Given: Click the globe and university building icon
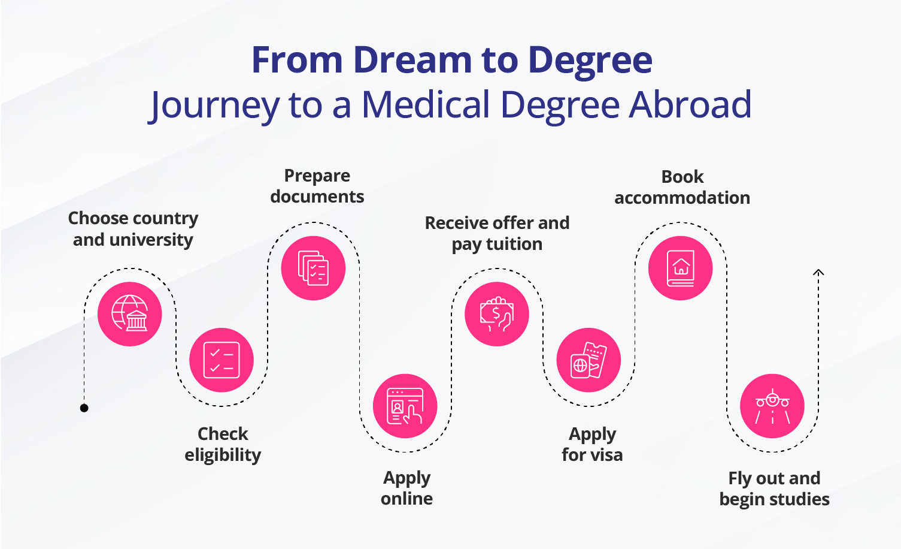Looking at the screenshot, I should pyautogui.click(x=130, y=313).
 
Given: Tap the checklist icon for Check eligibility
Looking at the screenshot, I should pyautogui.click(x=222, y=360).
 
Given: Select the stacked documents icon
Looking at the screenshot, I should pyautogui.click(x=313, y=268).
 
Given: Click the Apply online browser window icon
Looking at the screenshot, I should pyautogui.click(x=405, y=406).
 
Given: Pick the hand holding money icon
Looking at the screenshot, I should pyautogui.click(x=497, y=313).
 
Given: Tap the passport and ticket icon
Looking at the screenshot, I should pyautogui.click(x=588, y=360).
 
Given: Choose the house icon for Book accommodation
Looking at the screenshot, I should pyautogui.click(x=681, y=268).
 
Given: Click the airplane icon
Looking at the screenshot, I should pyautogui.click(x=772, y=406).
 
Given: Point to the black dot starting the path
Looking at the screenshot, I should pyautogui.click(x=84, y=408).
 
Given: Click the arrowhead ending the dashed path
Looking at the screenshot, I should pyautogui.click(x=818, y=273).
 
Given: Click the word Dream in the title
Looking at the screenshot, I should pyautogui.click(x=412, y=60).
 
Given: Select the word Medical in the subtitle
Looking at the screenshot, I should pyautogui.click(x=426, y=104).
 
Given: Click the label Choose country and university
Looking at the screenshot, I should pyautogui.click(x=133, y=229).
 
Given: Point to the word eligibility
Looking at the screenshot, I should pyautogui.click(x=223, y=455).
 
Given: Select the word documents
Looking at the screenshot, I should pyautogui.click(x=317, y=197).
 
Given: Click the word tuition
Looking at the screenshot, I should pyautogui.click(x=514, y=244).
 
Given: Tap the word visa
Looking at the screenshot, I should pyautogui.click(x=606, y=455).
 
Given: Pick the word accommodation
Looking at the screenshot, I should pyautogui.click(x=682, y=198).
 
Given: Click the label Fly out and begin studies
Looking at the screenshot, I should pyautogui.click(x=774, y=488).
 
